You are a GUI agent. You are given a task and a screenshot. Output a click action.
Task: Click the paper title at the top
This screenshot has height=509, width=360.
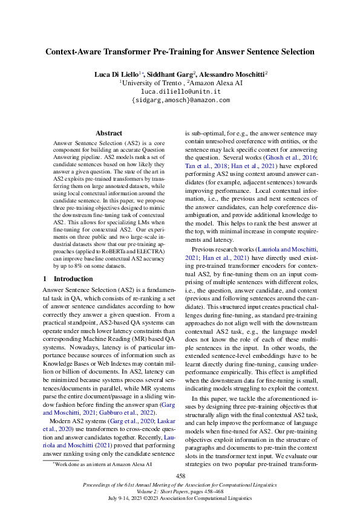click(x=180, y=52)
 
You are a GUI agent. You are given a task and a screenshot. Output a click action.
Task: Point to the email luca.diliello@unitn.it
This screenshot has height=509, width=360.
click(x=180, y=91)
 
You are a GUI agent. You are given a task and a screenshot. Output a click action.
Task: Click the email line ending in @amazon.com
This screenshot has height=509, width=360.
click(x=180, y=100)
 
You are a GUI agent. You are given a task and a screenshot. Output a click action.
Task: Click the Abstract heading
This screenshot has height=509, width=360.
click(x=109, y=133)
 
